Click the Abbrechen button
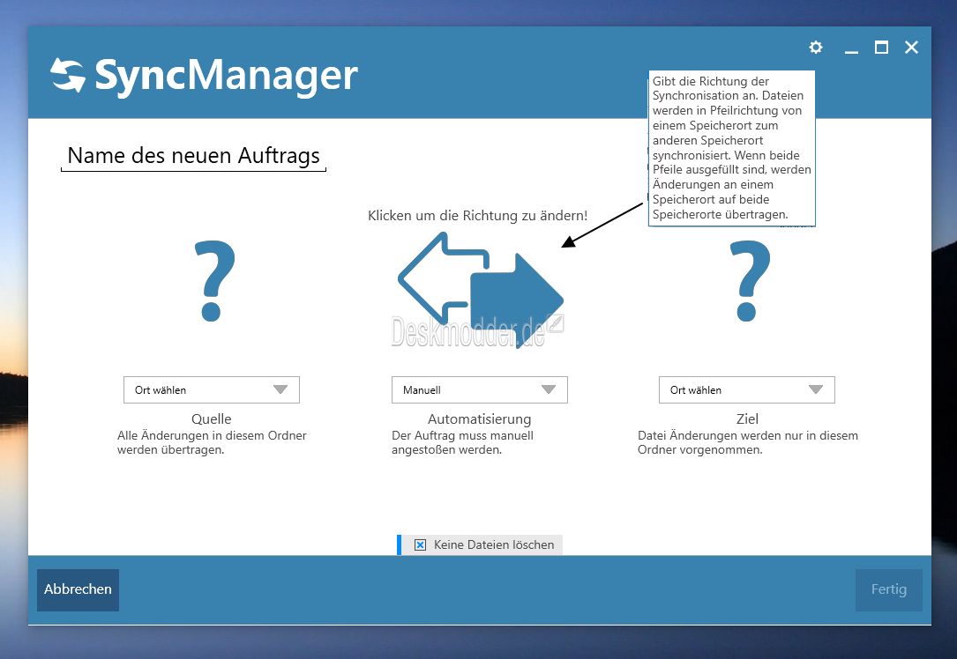click(x=79, y=589)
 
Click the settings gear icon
click(x=815, y=47)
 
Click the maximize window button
click(x=881, y=47)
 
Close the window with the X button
click(x=911, y=47)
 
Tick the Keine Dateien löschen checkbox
click(x=421, y=544)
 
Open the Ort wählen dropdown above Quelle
click(x=211, y=389)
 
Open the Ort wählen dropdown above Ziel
click(x=746, y=389)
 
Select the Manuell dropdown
click(x=479, y=389)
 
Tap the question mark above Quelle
click(x=213, y=281)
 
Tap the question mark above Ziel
click(x=750, y=281)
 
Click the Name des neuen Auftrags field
click(x=193, y=156)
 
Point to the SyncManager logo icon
click(x=67, y=75)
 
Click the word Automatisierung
click(x=479, y=418)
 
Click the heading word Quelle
click(x=211, y=418)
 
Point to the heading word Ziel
click(x=747, y=418)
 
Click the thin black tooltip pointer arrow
click(x=602, y=226)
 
